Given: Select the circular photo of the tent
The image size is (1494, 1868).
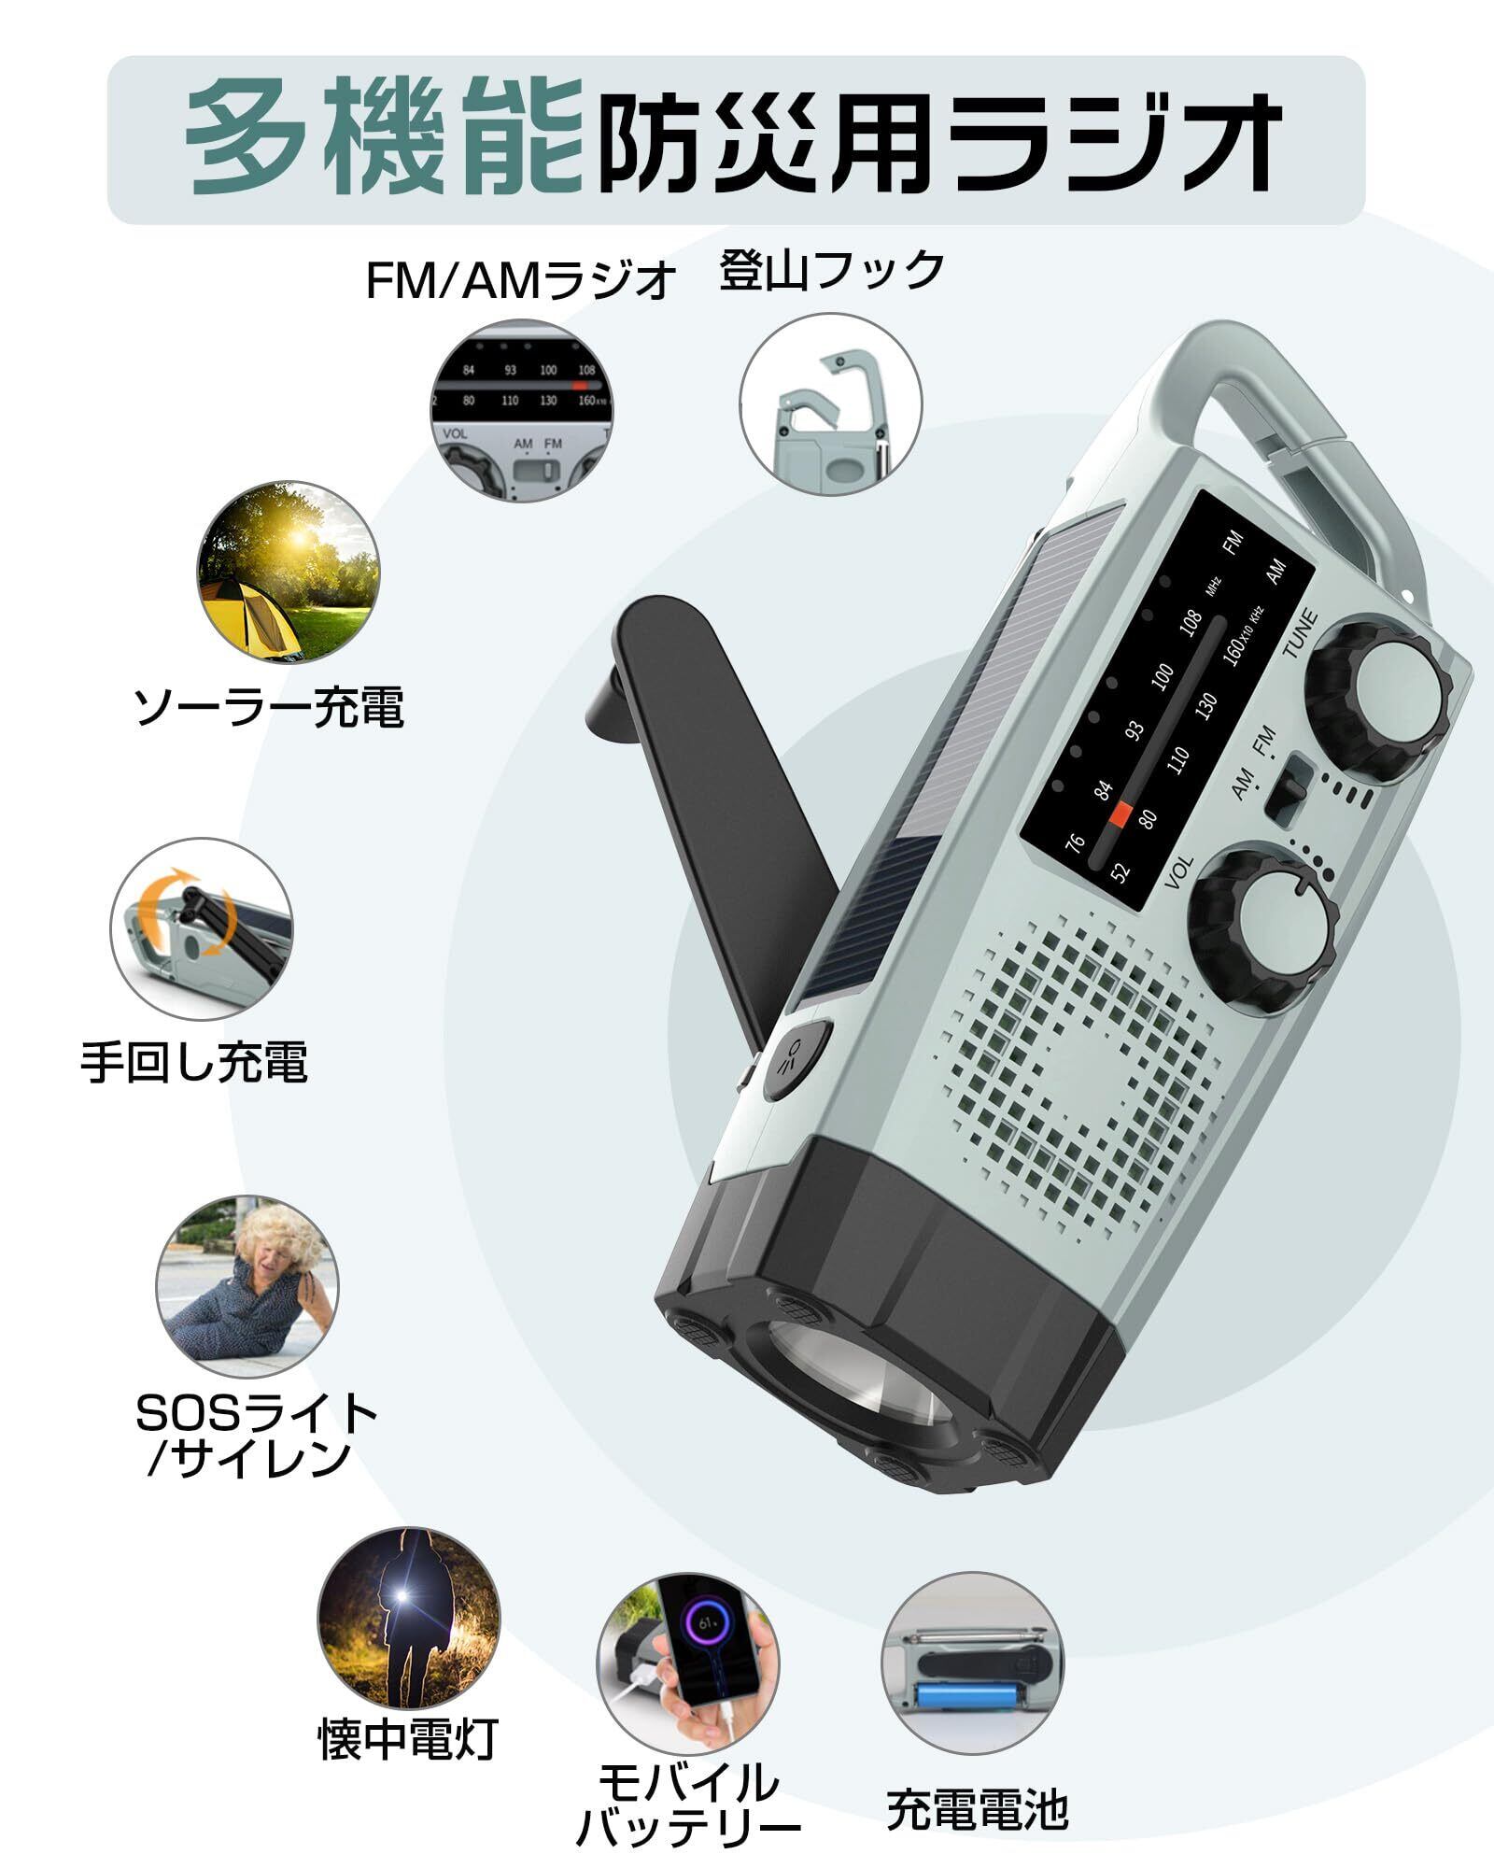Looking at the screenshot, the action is tap(288, 573).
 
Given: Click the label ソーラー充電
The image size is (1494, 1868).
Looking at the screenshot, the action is tap(270, 707).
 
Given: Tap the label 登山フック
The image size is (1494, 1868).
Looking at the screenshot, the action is tap(832, 271).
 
